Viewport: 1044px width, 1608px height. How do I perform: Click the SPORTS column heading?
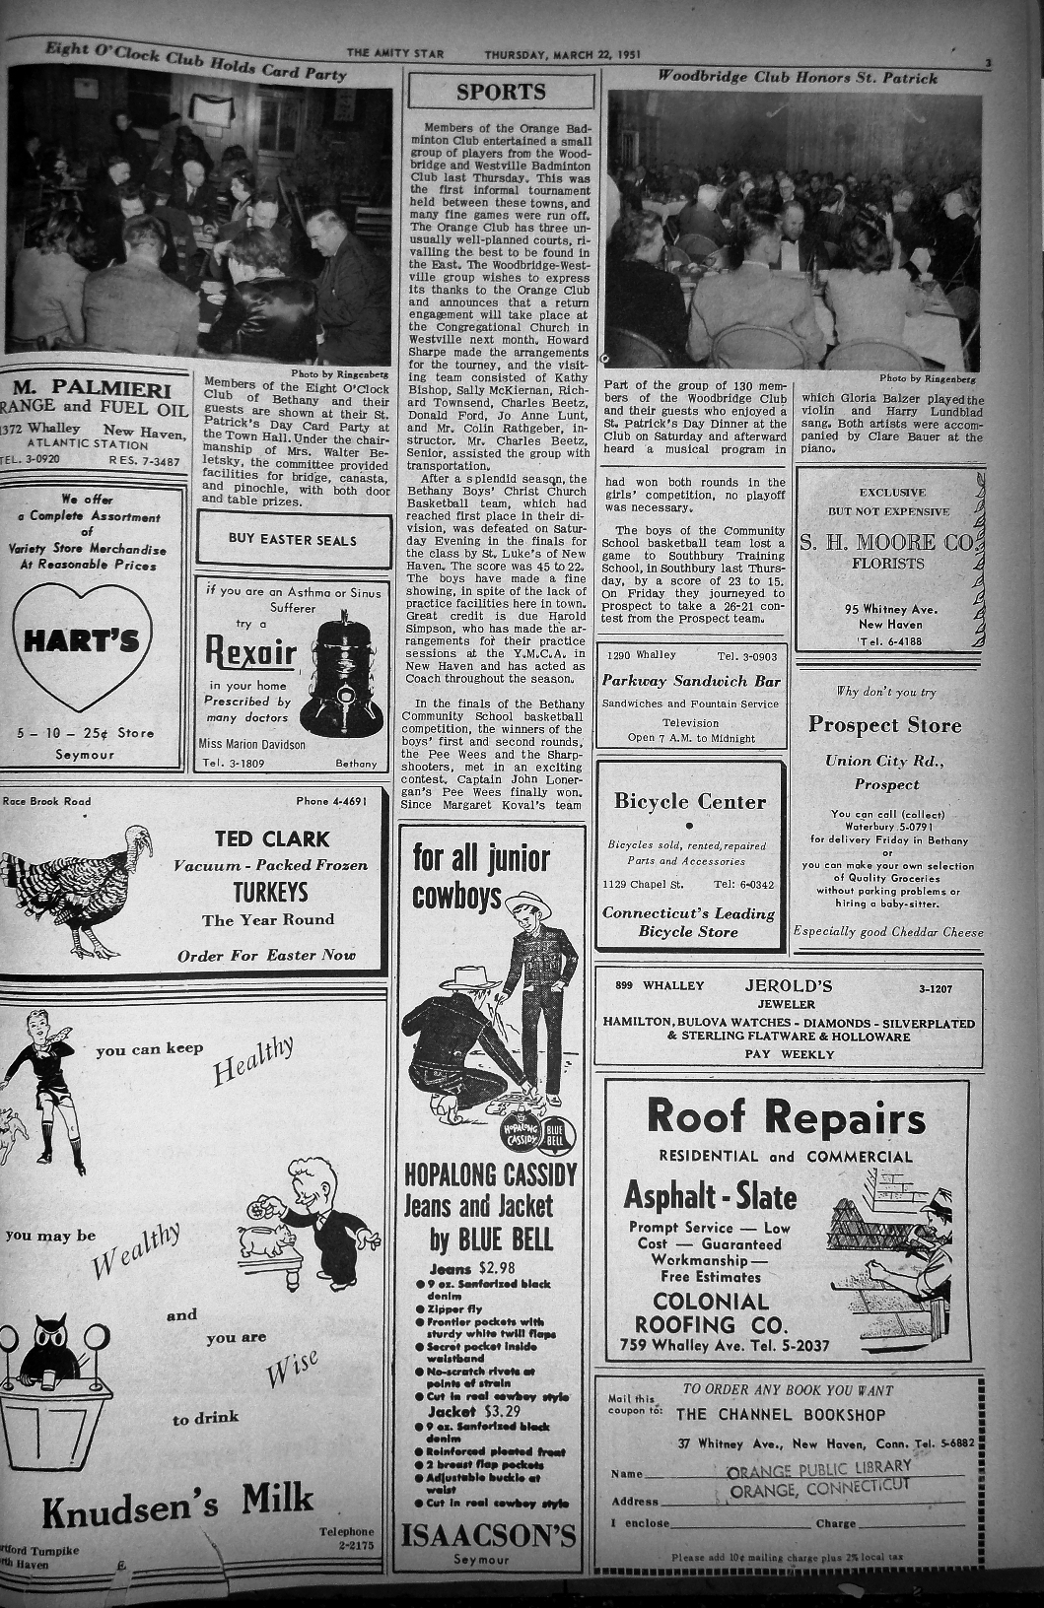coord(501,93)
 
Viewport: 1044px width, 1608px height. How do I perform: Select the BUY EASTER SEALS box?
coord(293,539)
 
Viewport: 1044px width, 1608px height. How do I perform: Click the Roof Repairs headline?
coord(787,1117)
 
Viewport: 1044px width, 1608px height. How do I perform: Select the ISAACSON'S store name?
coord(487,1535)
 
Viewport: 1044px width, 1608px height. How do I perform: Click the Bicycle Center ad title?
coord(690,802)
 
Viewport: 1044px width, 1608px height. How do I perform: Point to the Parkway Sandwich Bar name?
coord(691,681)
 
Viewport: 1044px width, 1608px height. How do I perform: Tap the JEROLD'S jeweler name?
coord(789,986)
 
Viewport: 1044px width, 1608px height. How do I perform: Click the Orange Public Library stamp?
coord(818,1478)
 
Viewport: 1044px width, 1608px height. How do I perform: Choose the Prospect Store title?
coord(884,725)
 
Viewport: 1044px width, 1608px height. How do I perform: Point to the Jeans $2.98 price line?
coord(472,1268)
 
